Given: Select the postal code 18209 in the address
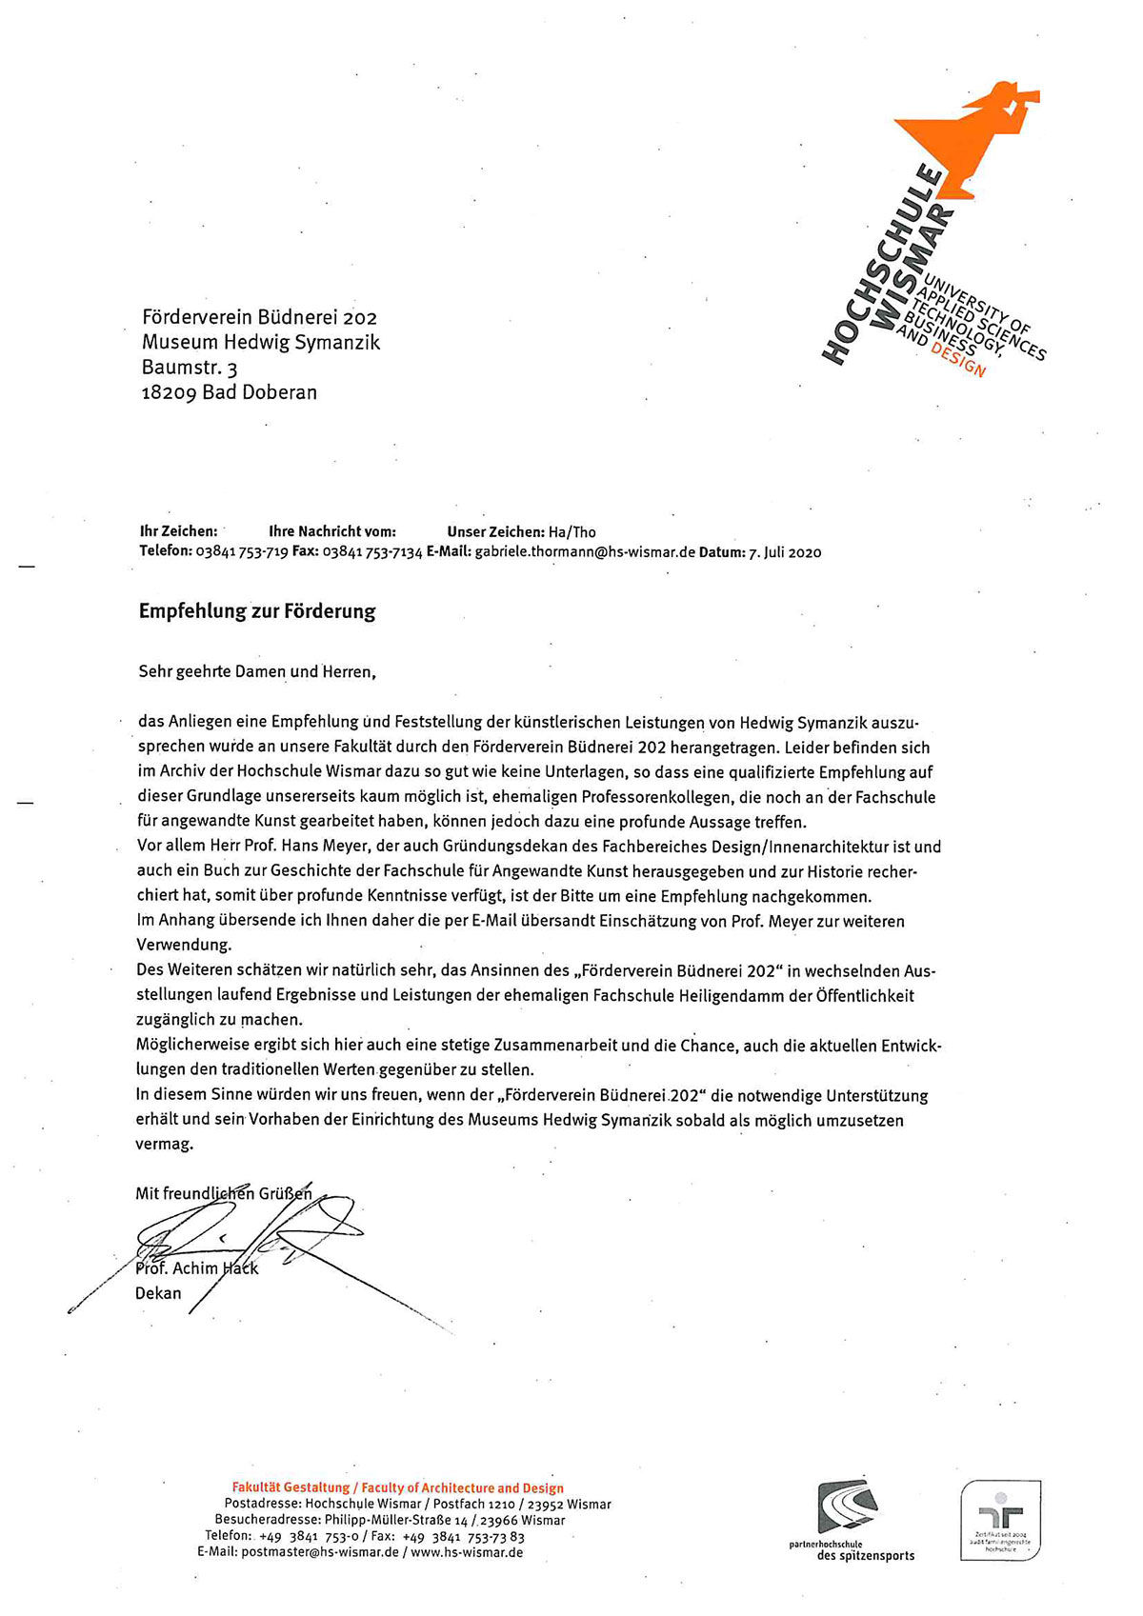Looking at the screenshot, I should (x=169, y=392).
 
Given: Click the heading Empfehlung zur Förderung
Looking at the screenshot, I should (x=257, y=611).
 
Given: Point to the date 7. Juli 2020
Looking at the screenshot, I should (x=785, y=552).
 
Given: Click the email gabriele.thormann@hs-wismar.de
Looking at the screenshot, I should (x=585, y=552).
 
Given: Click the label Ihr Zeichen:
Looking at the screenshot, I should (x=178, y=532).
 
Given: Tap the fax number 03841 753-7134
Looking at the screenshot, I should (x=372, y=552).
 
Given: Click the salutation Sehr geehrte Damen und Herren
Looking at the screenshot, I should (x=257, y=671).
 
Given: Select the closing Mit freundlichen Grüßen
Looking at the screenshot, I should (x=223, y=1193).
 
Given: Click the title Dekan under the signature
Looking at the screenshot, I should (x=158, y=1293).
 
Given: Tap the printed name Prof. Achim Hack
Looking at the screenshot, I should (x=196, y=1268).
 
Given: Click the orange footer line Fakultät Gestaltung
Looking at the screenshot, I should (x=397, y=1487).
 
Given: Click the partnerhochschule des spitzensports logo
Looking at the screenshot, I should (x=850, y=1522).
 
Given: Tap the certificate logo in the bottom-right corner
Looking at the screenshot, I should (x=1000, y=1520).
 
